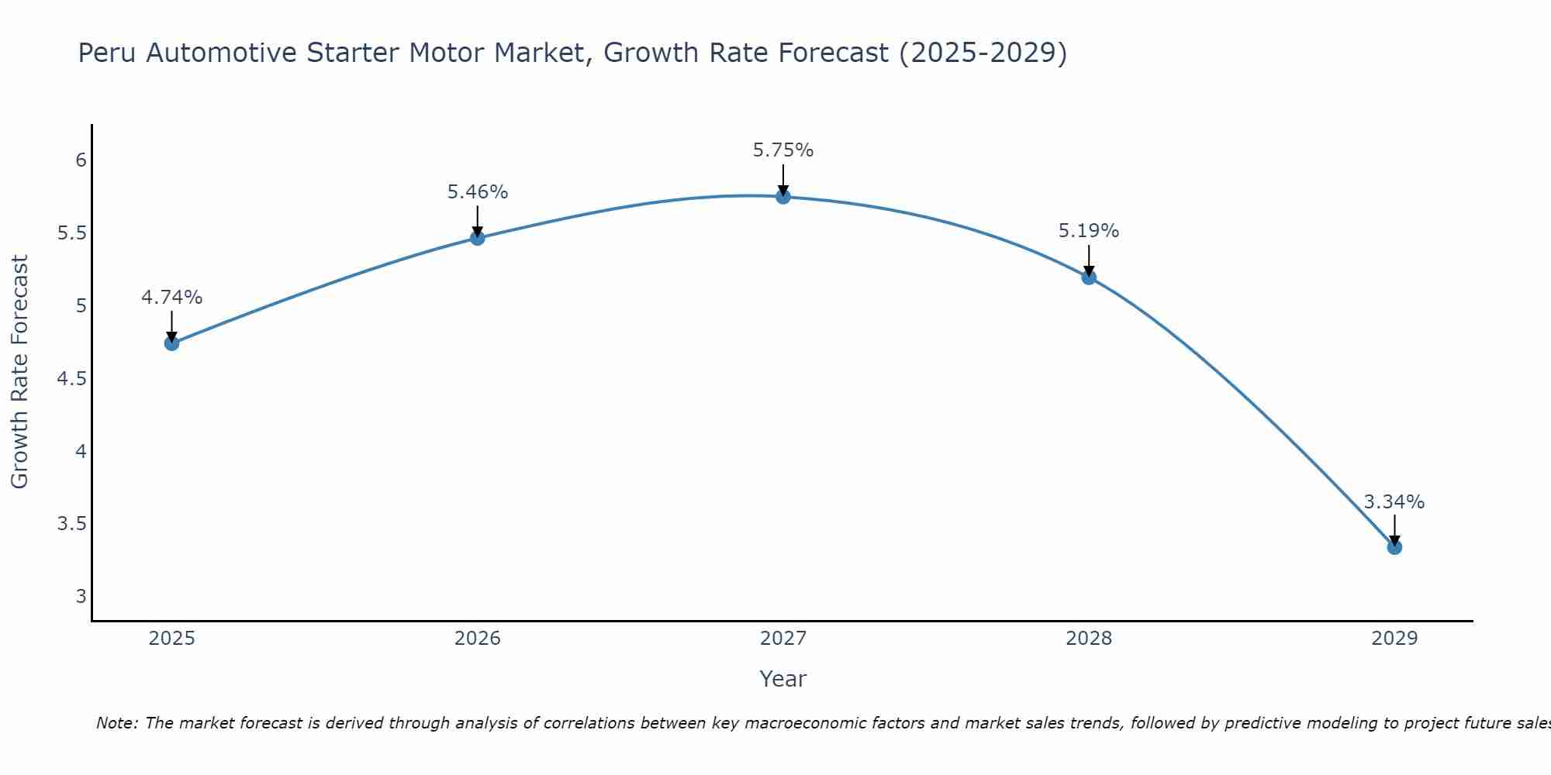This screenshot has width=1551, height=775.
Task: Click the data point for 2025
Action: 172,343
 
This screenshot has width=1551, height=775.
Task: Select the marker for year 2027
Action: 783,197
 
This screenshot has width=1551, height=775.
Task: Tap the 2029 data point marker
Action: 1394,547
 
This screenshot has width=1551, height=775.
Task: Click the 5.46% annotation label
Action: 478,192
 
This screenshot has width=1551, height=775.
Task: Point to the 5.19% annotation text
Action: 1089,231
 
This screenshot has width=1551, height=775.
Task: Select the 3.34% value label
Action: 1394,502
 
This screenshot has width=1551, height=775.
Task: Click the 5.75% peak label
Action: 783,150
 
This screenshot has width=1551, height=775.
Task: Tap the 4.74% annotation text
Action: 172,298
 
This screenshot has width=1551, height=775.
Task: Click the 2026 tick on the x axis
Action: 478,639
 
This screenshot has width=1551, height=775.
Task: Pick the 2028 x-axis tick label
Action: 1089,639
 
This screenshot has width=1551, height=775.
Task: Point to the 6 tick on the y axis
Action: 81,160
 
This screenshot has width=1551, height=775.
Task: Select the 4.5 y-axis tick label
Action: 72,379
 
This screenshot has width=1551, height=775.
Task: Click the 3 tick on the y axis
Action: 81,597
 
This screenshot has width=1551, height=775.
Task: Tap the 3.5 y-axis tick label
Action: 72,524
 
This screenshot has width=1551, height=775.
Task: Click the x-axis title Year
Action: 783,679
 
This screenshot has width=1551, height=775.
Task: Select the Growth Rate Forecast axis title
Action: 20,372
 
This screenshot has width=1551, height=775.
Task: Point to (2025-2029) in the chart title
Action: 983,53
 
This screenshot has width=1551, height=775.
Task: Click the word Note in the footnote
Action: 116,723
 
